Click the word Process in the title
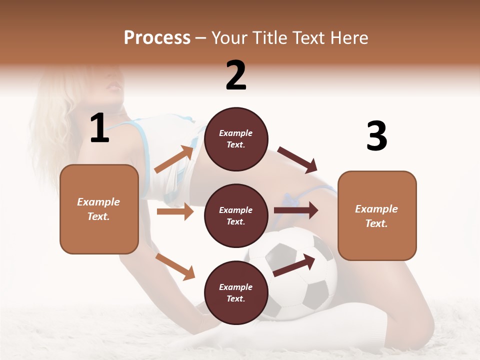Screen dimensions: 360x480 pyautogui.click(x=157, y=38)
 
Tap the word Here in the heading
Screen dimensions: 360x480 pyautogui.click(x=348, y=38)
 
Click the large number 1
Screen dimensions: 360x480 pyautogui.click(x=99, y=128)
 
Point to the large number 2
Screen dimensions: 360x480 pyautogui.click(x=236, y=75)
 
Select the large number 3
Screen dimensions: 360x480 pyautogui.click(x=376, y=136)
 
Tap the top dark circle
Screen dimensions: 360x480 pyautogui.click(x=236, y=139)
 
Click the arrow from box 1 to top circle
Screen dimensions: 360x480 pyautogui.click(x=174, y=159)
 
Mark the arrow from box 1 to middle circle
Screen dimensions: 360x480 pyautogui.click(x=175, y=211)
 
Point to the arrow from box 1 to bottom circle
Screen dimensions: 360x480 pyautogui.click(x=175, y=266)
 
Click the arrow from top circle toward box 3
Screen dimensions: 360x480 pyautogui.click(x=297, y=160)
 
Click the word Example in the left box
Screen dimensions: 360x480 pyautogui.click(x=98, y=202)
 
